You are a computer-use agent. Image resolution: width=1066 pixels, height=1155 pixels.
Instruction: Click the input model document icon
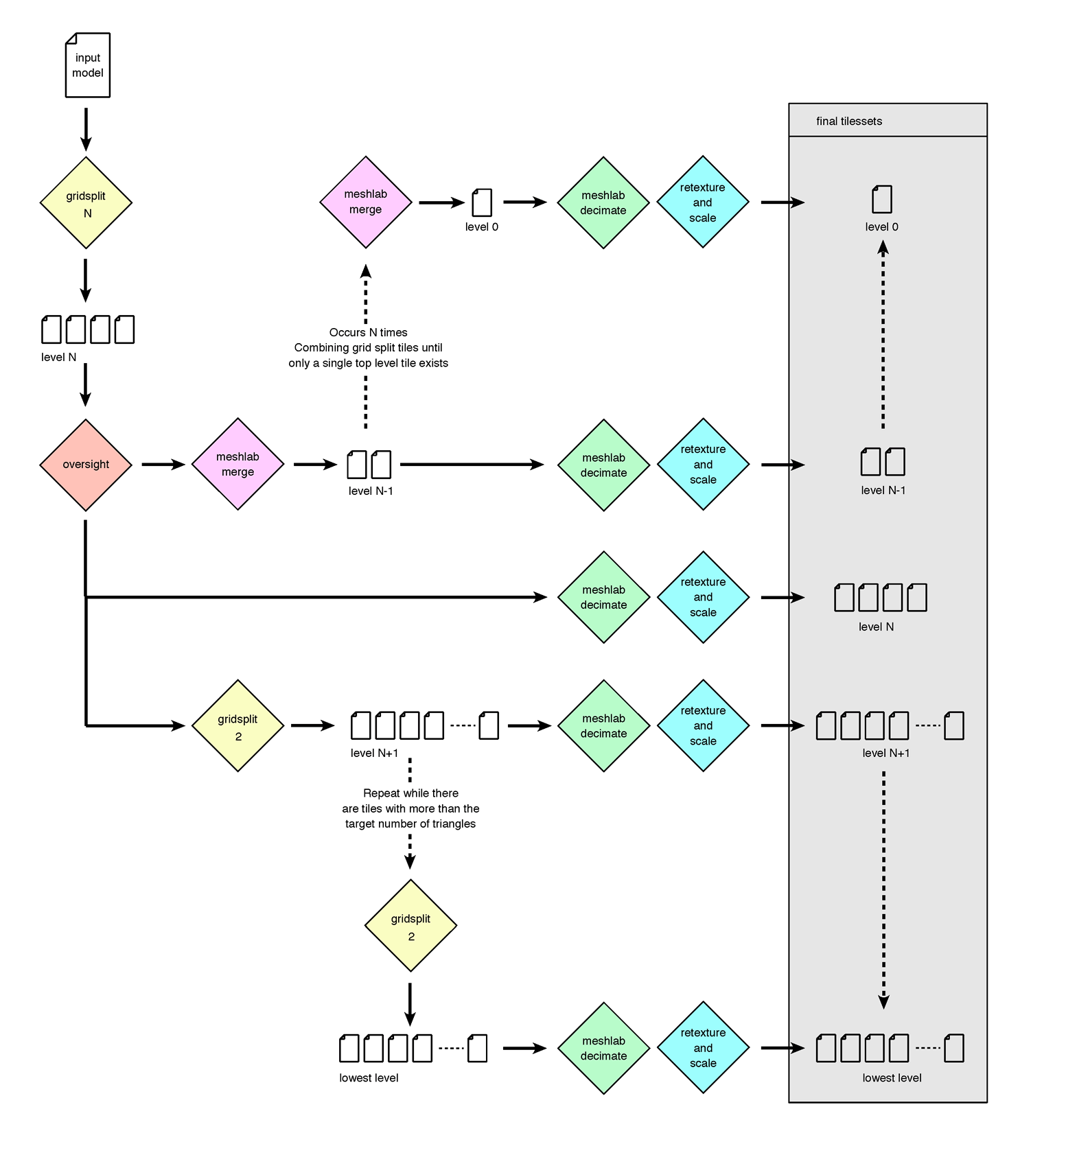pos(88,65)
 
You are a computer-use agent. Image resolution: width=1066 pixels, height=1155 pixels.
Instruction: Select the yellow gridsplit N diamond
pos(86,203)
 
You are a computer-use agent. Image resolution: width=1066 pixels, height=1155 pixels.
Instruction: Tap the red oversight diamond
pos(86,465)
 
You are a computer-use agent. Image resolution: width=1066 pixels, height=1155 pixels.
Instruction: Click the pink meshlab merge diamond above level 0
pos(366,202)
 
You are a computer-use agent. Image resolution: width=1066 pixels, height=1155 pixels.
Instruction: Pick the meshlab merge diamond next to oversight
pos(237,465)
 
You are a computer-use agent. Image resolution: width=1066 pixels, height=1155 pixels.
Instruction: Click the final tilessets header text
pos(849,121)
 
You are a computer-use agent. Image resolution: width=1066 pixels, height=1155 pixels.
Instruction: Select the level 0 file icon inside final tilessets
pos(882,200)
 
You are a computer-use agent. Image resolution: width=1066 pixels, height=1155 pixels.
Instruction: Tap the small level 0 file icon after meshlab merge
pos(483,202)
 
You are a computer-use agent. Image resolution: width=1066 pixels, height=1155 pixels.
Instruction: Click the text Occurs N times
pos(368,332)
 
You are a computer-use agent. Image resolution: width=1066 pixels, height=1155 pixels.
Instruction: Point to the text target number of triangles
pos(410,824)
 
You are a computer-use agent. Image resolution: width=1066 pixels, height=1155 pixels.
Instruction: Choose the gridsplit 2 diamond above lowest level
pos(410,926)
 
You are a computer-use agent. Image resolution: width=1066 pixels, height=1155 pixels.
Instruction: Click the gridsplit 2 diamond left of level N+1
pos(237,726)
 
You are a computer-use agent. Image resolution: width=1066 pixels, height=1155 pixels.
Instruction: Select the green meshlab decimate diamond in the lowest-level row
pos(603,1049)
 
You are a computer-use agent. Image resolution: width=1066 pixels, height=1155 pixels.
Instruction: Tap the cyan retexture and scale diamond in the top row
pos(703,202)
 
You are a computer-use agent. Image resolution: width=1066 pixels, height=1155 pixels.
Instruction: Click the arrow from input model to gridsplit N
pos(86,129)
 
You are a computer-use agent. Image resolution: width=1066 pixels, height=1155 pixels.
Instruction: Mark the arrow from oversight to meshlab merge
pos(163,465)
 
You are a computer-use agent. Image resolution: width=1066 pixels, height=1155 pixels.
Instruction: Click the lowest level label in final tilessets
pos(892,1078)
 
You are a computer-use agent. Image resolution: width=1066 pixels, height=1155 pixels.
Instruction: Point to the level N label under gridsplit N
pos(59,357)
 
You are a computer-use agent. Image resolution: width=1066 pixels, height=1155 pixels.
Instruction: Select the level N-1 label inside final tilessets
pos(883,490)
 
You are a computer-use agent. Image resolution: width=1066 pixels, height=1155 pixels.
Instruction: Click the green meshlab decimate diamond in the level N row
pos(603,598)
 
